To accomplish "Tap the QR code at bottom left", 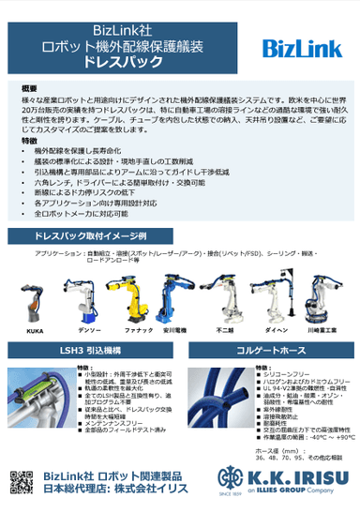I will (x=21, y=483).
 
